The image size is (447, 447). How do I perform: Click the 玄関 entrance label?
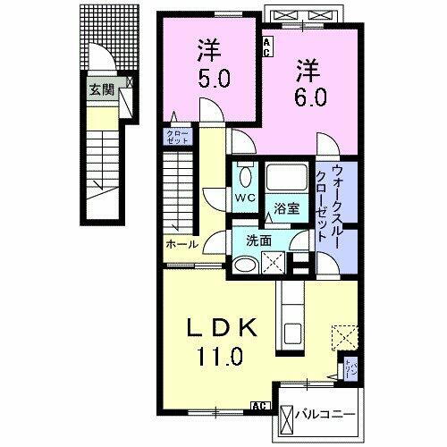tap(100, 89)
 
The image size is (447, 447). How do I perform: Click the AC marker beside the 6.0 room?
tap(266, 47)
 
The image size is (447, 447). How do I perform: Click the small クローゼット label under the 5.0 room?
tap(173, 138)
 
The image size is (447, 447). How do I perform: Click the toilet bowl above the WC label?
tap(243, 173)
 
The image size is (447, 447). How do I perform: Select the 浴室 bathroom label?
tap(287, 208)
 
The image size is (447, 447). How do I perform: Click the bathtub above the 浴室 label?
tap(287, 179)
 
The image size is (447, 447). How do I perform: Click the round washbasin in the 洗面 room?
tap(243, 263)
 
